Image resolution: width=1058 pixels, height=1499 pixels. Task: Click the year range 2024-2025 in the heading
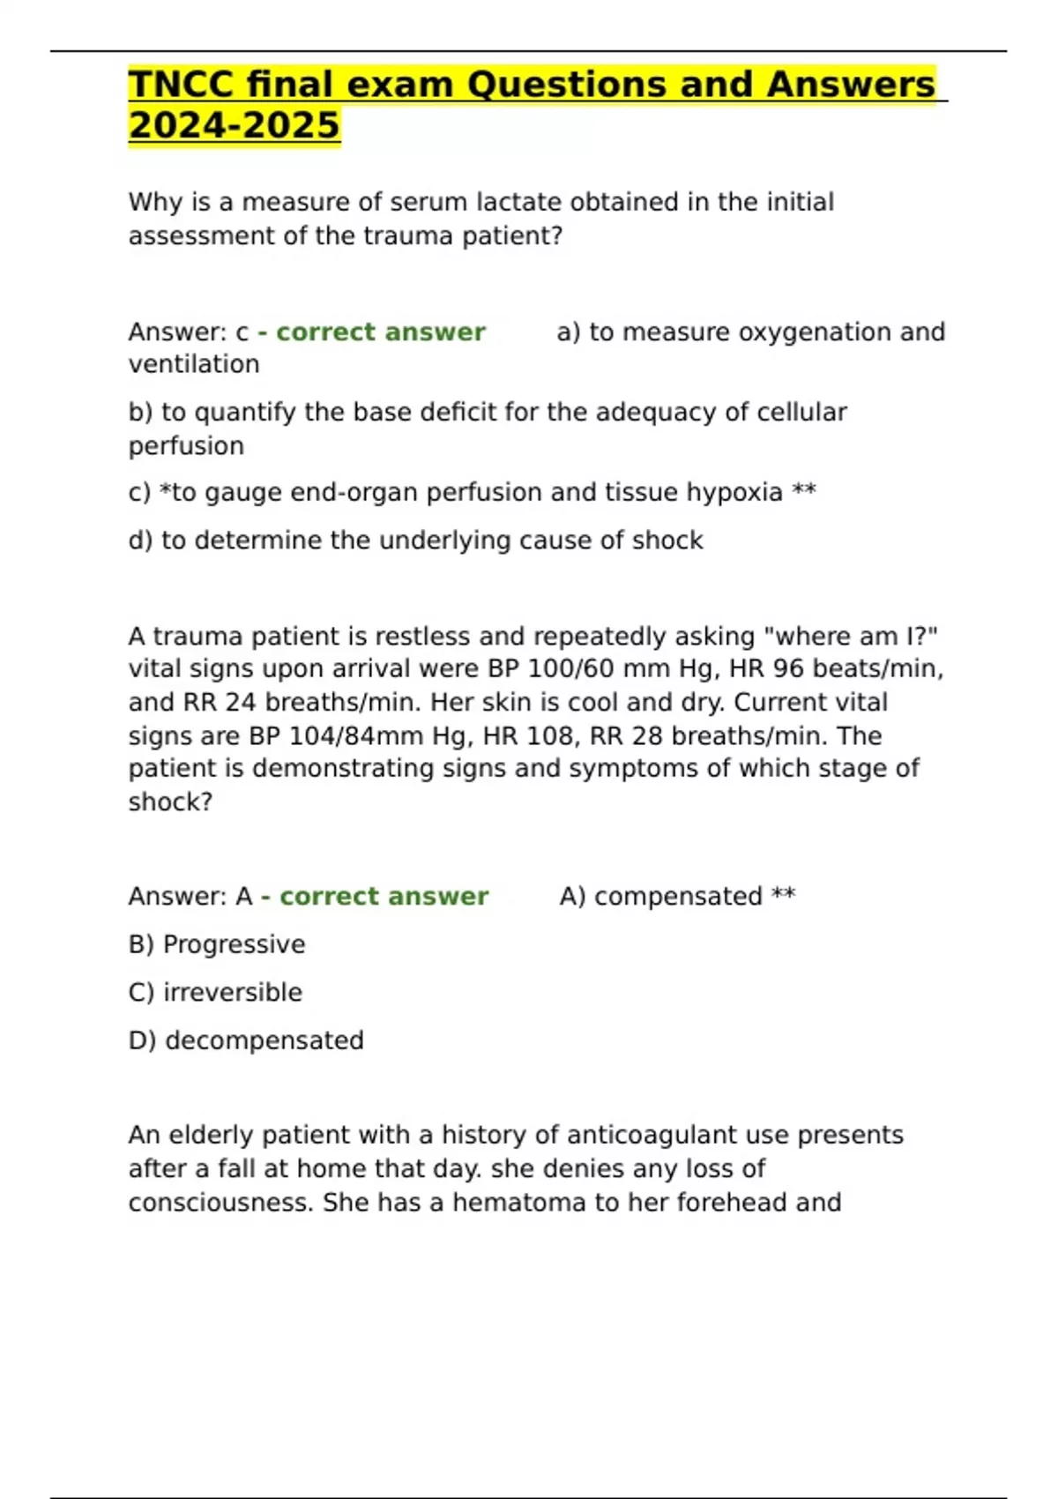click(x=234, y=125)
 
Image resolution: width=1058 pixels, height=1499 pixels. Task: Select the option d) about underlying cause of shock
click(x=415, y=540)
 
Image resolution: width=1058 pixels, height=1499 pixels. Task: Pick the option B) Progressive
click(x=217, y=944)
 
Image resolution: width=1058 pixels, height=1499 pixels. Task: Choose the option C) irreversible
click(x=215, y=992)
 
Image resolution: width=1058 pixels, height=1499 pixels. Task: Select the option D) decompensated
click(x=246, y=1040)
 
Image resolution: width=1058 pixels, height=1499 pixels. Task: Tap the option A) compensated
click(x=677, y=896)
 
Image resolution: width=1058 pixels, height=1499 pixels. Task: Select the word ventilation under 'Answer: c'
click(x=194, y=364)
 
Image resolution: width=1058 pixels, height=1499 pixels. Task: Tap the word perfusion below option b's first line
click(x=186, y=445)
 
